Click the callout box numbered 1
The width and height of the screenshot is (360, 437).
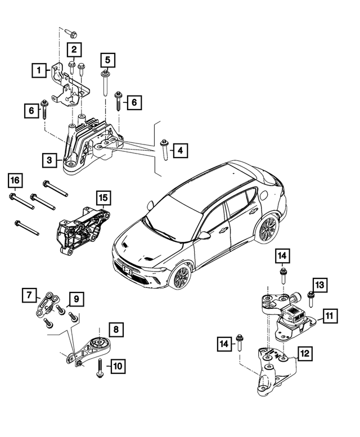(38, 70)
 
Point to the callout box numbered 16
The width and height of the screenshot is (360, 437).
(16, 181)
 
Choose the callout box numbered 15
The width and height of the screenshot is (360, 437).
(103, 198)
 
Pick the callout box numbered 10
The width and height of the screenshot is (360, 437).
(118, 367)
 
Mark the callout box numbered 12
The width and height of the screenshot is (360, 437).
(304, 354)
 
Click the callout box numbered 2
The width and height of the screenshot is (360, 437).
(74, 50)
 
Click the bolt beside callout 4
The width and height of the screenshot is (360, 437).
(164, 151)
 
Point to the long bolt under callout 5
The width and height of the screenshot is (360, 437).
(106, 84)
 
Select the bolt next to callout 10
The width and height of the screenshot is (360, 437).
(100, 369)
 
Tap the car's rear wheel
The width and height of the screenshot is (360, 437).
(267, 229)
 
